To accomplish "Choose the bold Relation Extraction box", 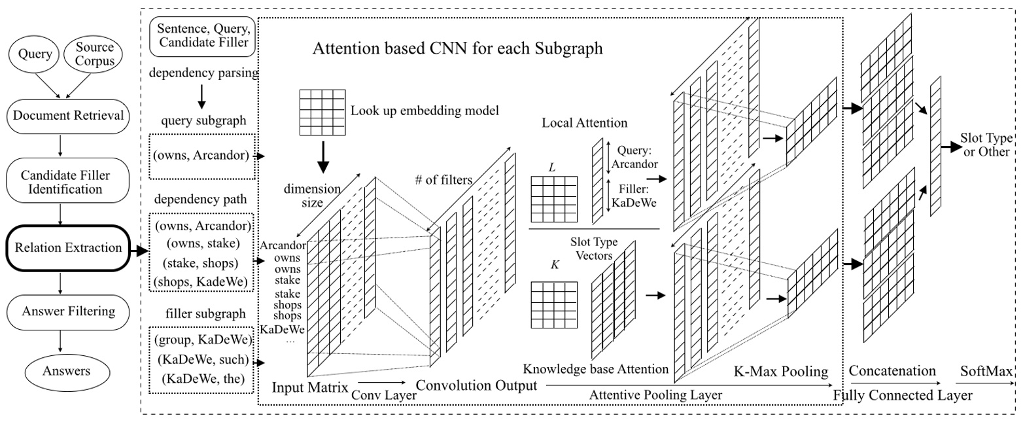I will pos(60,248).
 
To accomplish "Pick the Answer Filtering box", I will pos(60,311).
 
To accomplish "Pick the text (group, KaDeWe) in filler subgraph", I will pos(201,340).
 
